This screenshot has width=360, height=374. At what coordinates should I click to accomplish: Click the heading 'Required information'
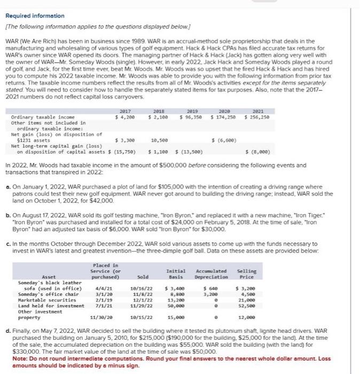34,16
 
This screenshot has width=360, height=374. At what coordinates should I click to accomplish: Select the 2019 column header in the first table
191,112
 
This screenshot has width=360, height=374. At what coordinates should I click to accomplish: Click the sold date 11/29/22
142,306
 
